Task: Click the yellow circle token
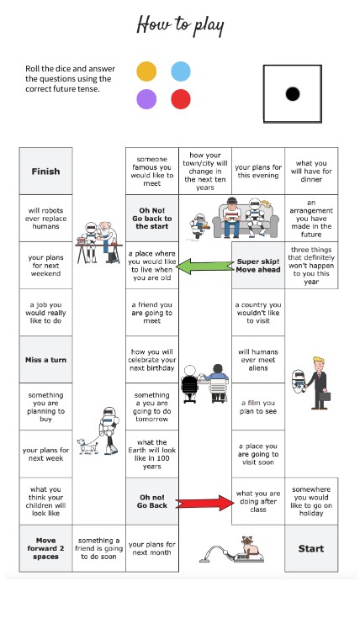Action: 146,71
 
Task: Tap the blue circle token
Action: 181,71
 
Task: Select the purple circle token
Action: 146,99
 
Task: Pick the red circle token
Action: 181,99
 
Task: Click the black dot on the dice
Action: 293,94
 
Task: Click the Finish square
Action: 45,172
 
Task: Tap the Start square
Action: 311,548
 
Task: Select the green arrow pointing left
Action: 205,266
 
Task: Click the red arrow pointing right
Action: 205,503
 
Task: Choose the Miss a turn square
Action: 45,360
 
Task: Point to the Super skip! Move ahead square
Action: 258,266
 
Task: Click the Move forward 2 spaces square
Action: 45,548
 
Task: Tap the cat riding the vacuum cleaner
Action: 251,545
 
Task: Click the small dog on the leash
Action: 88,446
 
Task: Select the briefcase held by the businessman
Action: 326,397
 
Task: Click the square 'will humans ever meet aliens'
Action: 258,360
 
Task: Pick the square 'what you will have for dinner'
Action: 311,172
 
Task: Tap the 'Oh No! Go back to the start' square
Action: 152,219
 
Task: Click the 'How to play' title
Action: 181,25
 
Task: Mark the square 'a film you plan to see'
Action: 258,407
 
